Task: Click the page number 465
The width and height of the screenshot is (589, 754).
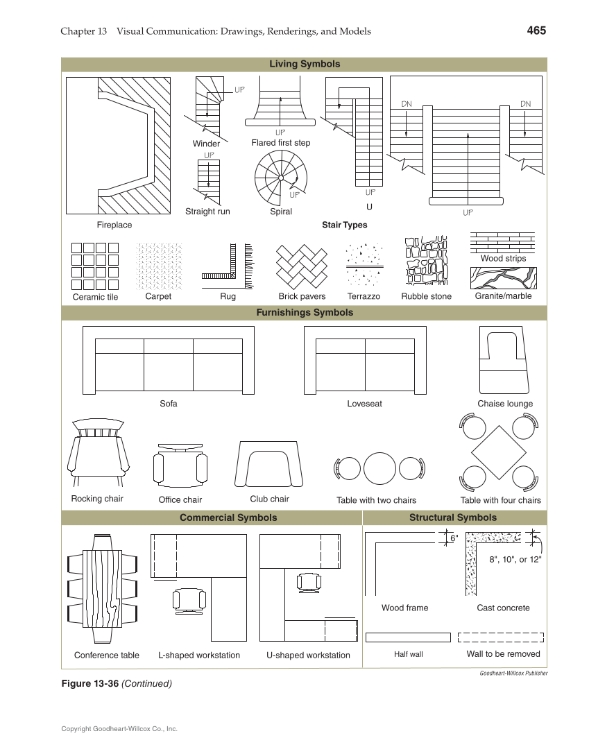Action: [536, 31]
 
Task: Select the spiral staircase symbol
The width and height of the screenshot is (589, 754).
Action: [280, 178]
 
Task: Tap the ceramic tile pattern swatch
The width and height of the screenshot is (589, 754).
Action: [95, 266]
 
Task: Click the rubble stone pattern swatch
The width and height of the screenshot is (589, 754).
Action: [426, 262]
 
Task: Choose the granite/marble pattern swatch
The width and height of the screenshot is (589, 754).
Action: [503, 278]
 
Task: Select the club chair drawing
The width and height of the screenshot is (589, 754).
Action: [269, 465]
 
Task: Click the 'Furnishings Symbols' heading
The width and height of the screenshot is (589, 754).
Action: [305, 313]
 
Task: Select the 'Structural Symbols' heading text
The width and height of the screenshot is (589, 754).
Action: [453, 517]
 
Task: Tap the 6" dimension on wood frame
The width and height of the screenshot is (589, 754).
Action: [454, 538]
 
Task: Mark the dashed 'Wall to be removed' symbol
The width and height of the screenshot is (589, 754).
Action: [503, 637]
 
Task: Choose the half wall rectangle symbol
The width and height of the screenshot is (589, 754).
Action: [408, 637]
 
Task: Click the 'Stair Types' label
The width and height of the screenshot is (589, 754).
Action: [345, 225]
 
